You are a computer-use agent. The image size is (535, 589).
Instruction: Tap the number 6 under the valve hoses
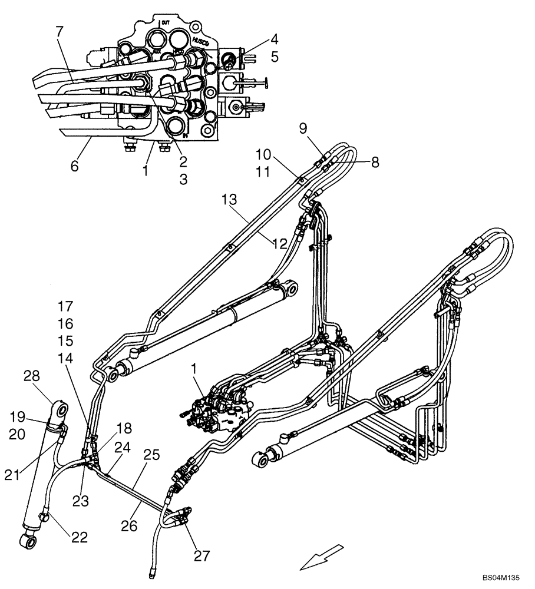pos(74,166)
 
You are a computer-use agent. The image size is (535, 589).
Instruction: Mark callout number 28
pos(31,376)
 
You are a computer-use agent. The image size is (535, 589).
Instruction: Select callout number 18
pos(124,428)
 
